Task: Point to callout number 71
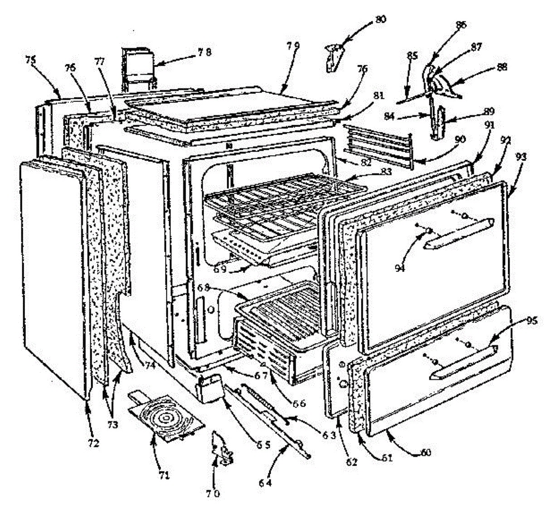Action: tap(164, 475)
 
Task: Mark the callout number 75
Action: tap(31, 60)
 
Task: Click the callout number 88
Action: tap(502, 67)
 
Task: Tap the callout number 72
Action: tap(93, 443)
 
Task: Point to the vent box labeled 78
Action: tap(138, 68)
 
